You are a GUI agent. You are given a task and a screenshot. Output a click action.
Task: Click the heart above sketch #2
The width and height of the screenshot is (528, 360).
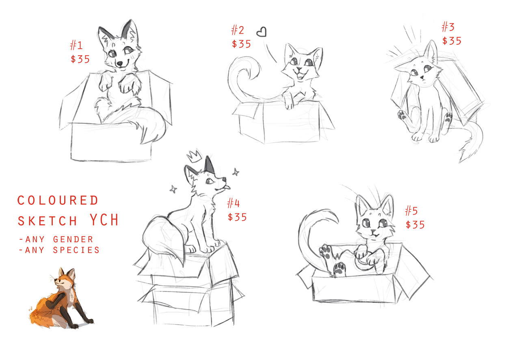[262, 32]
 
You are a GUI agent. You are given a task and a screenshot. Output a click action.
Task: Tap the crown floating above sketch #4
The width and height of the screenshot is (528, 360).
[195, 156]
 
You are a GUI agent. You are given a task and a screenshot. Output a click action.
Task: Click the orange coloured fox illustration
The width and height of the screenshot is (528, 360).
[61, 299]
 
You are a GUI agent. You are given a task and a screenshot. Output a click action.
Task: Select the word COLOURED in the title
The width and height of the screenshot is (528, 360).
[58, 200]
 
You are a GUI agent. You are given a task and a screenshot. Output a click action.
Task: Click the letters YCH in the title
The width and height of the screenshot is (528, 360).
[104, 220]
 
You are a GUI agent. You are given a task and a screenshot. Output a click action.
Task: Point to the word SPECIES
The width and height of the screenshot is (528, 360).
[76, 250]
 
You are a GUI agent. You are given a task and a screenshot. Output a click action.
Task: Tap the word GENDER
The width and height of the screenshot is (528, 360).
[73, 240]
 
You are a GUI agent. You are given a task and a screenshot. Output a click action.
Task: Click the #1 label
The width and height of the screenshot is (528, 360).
[76, 45]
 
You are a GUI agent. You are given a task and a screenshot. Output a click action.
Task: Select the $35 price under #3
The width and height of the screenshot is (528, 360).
[452, 41]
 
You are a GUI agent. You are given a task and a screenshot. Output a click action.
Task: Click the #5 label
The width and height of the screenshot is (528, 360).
[411, 210]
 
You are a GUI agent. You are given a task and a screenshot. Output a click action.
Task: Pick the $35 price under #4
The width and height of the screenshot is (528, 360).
[237, 217]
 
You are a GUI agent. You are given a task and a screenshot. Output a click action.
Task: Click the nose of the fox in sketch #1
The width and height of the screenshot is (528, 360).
[120, 63]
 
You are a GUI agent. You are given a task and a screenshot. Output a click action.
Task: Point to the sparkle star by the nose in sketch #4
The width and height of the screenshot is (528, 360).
[236, 172]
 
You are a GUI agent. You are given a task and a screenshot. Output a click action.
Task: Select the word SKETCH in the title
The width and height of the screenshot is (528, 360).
[48, 221]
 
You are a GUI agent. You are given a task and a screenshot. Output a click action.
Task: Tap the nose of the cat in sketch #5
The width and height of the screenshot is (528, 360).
[373, 231]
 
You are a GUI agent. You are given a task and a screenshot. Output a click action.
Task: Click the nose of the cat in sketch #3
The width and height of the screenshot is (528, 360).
[422, 77]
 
